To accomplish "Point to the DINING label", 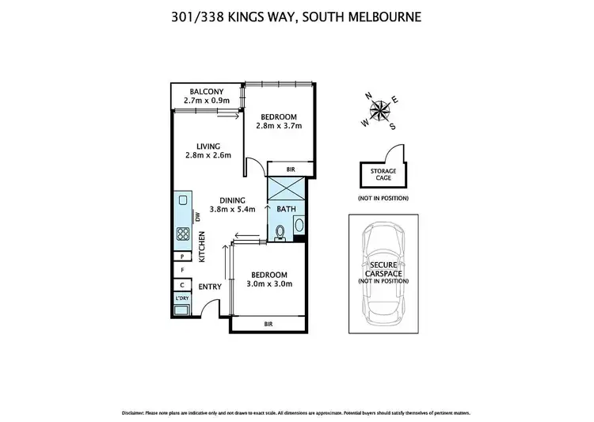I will (x=232, y=200).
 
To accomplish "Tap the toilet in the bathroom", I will (x=280, y=230).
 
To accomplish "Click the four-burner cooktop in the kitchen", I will (x=181, y=234).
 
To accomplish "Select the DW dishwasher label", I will (x=196, y=216).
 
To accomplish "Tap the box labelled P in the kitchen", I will (x=182, y=257).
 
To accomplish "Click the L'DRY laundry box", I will (x=181, y=299).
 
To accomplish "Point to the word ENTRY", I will (x=209, y=287).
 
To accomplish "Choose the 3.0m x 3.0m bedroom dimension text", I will (x=269, y=284).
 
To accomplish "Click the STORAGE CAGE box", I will (x=379, y=174).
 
